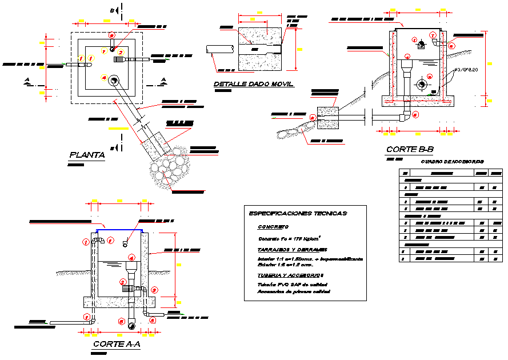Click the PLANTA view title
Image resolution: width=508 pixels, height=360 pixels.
[x=87, y=155]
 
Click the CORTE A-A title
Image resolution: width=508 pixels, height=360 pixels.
[x=117, y=345]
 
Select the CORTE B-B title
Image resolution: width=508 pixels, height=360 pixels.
[x=410, y=150]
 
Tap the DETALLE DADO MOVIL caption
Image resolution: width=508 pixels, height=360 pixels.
[x=253, y=85]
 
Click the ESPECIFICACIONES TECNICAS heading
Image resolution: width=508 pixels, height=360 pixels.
[x=297, y=213]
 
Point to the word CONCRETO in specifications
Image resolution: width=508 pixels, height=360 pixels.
[x=273, y=227]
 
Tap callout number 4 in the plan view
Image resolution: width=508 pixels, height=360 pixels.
[x=103, y=77]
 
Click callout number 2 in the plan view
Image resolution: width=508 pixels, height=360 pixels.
[x=121, y=53]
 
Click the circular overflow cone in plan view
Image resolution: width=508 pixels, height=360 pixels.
[x=114, y=81]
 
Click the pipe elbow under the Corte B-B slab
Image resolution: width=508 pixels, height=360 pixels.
[x=405, y=116]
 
